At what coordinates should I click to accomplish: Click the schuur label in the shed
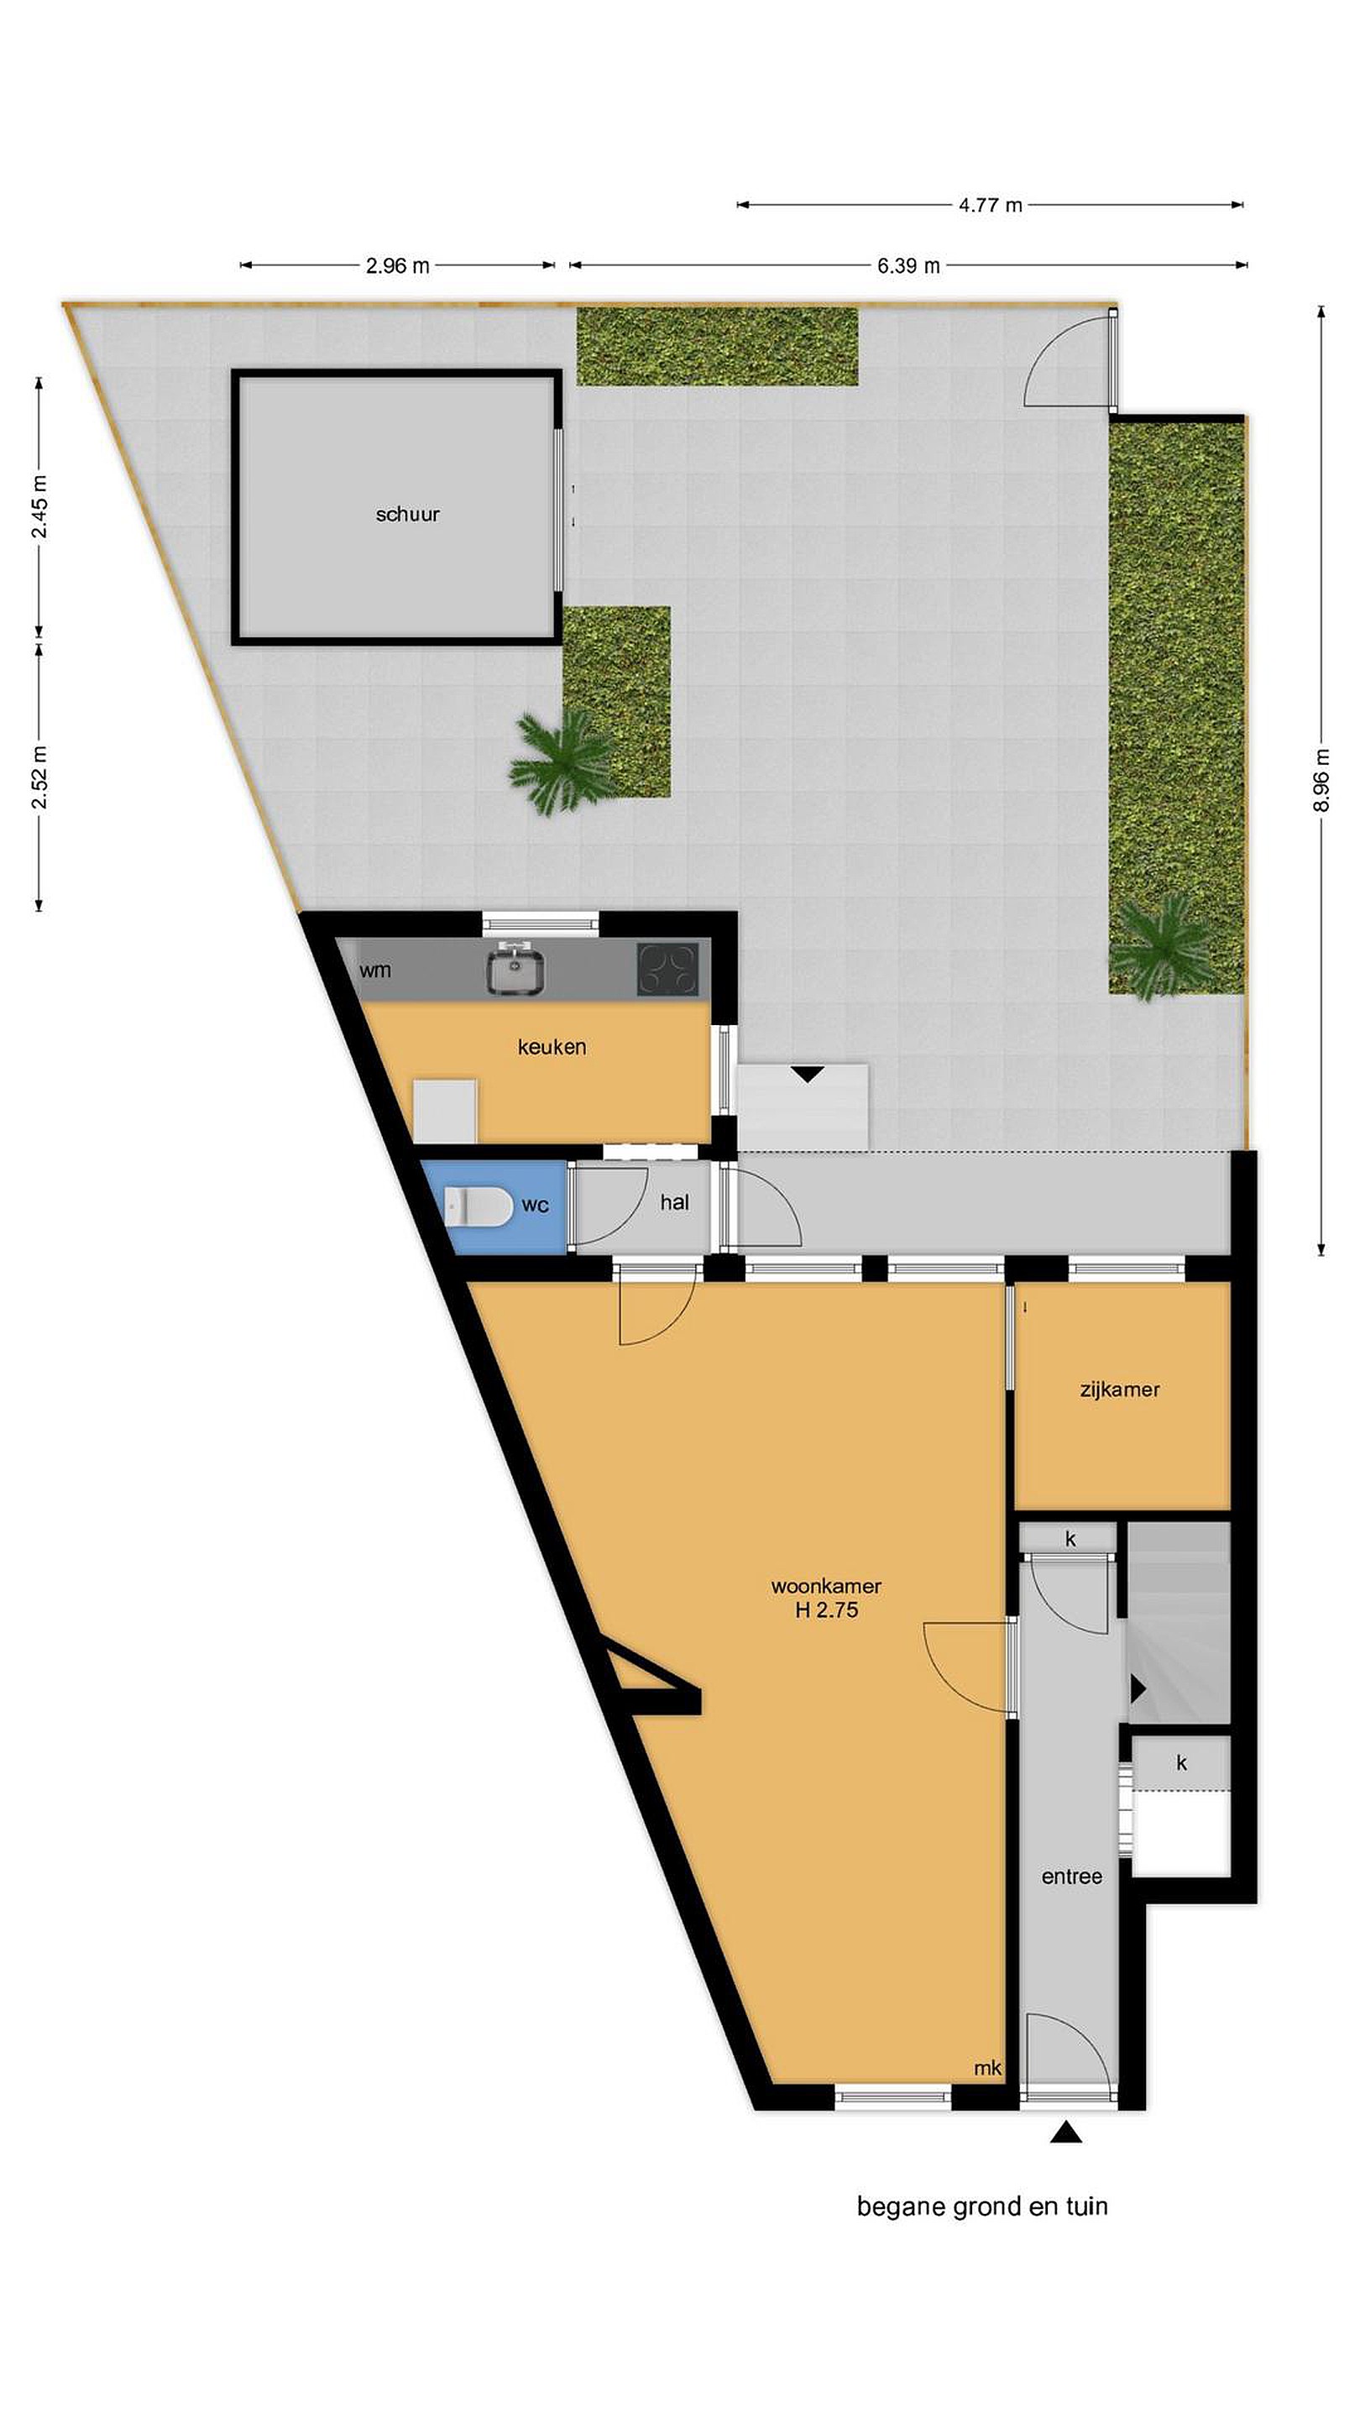coord(407,515)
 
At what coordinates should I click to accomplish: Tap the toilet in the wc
coord(478,1206)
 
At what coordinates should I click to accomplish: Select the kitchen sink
coord(515,970)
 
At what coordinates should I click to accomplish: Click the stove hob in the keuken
coord(668,970)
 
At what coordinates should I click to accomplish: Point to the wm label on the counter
coord(374,971)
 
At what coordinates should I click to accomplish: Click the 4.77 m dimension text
coord(991,205)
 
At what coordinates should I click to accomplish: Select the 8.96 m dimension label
coord(1321,780)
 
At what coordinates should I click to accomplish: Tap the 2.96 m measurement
coord(397,265)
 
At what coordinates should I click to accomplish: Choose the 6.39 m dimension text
coord(908,265)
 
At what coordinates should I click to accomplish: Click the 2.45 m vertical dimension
coord(39,508)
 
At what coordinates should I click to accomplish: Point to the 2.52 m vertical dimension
coord(39,777)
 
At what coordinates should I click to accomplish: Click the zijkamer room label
coord(1120,1390)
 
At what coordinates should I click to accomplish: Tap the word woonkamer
coord(826,1586)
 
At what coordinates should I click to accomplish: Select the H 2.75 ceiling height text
coord(827,1611)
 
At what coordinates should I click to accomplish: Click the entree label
coord(1072,1876)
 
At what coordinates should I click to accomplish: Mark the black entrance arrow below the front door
coord(1066,2133)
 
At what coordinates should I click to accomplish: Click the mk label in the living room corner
coord(988,2068)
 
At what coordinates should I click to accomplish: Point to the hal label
coord(675,1202)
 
